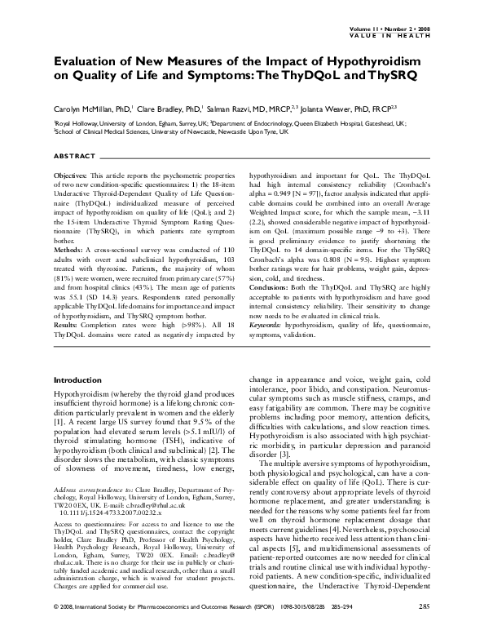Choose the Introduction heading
pyautogui.click(x=77, y=380)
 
